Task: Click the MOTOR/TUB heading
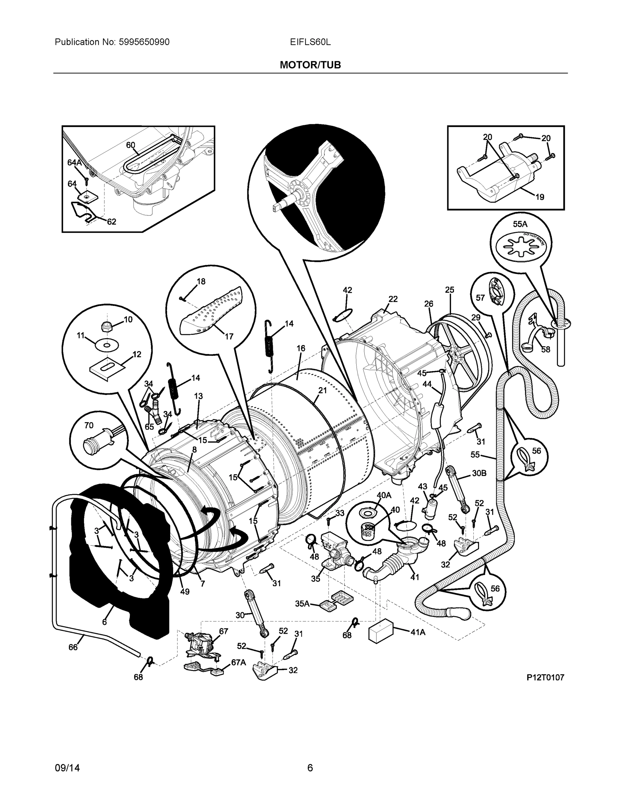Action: click(310, 65)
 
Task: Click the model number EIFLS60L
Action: click(310, 42)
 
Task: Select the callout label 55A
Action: click(520, 224)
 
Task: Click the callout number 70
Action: click(89, 425)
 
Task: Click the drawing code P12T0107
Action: click(545, 678)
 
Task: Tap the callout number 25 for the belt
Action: click(450, 290)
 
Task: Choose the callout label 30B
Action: click(479, 473)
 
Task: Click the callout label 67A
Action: click(238, 662)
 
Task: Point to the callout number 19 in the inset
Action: click(539, 197)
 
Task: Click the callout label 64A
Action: click(74, 163)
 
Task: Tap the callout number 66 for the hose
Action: click(73, 647)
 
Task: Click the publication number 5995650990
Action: click(144, 42)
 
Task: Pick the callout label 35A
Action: click(302, 603)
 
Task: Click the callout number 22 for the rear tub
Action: click(393, 299)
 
